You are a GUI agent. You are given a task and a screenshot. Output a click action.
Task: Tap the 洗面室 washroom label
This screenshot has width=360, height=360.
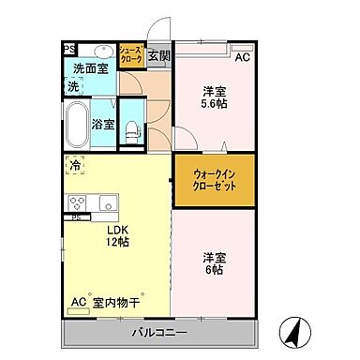coord(90,67)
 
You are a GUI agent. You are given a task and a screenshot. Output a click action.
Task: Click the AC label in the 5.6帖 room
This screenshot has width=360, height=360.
coord(243,57)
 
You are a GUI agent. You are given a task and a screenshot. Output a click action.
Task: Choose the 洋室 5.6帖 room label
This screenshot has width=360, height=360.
coord(215,98)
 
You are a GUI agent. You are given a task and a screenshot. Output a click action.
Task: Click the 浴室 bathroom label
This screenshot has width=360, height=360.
coord(103,123)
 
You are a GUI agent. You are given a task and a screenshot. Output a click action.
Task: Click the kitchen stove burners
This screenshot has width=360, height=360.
coord(76,202)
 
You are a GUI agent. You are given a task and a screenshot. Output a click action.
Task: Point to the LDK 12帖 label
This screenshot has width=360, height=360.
coord(116,235)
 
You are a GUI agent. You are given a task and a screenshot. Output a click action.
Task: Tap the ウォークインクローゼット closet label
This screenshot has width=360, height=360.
coord(215,178)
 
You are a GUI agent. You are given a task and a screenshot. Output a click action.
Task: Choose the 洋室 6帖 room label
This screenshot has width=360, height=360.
coord(215,262)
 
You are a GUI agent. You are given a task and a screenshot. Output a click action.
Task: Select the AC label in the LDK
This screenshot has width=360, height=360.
coord(80,302)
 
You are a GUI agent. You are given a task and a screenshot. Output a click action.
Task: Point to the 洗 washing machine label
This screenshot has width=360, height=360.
coord(72,85)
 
